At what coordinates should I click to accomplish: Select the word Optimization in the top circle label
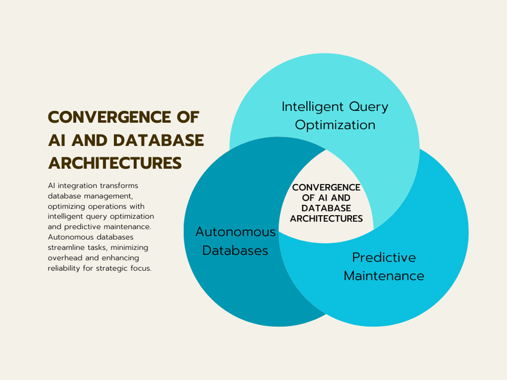pyautogui.click(x=335, y=125)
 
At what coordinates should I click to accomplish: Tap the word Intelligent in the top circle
pyautogui.click(x=313, y=107)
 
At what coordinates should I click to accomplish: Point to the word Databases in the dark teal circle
pyautogui.click(x=235, y=251)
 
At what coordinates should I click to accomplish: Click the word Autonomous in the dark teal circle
pyautogui.click(x=236, y=232)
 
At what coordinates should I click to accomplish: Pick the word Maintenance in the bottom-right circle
pyautogui.click(x=384, y=276)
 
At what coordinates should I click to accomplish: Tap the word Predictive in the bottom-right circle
pyautogui.click(x=384, y=257)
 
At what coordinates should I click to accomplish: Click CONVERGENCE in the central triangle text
pyautogui.click(x=326, y=188)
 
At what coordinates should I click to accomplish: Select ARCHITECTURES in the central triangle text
pyautogui.click(x=326, y=219)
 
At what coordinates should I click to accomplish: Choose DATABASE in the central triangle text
pyautogui.click(x=326, y=208)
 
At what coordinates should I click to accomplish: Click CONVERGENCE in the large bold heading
pyautogui.click(x=110, y=117)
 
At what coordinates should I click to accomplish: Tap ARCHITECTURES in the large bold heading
pyautogui.click(x=115, y=163)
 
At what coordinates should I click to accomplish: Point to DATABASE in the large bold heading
pyautogui.click(x=159, y=140)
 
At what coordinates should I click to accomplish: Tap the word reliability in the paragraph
pyautogui.click(x=64, y=269)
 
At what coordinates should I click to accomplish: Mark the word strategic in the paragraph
pyautogui.click(x=112, y=269)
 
